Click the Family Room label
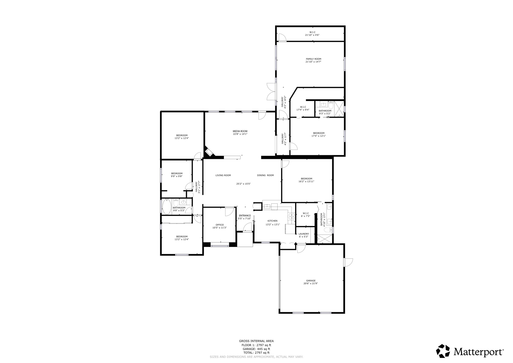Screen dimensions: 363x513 [x=313, y=59]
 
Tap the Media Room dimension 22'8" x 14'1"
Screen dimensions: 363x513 [x=240, y=134]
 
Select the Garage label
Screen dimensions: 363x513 [x=311, y=281]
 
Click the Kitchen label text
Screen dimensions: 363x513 [x=273, y=221]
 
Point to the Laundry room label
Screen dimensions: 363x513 [x=304, y=234]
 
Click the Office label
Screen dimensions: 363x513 [x=220, y=225]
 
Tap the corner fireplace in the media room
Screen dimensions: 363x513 [x=209, y=152]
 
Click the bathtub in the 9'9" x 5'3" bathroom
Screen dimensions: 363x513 [x=167, y=207]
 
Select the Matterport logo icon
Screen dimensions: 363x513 [x=443, y=351]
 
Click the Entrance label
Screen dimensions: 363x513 [x=245, y=216]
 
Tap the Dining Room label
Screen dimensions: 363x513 [x=265, y=175]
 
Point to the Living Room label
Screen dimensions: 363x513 [x=223, y=175]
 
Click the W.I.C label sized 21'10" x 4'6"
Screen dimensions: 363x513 [x=312, y=32]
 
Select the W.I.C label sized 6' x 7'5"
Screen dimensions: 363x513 [x=305, y=213]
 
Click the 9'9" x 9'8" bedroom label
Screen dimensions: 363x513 [x=177, y=173]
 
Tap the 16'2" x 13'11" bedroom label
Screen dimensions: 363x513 [x=306, y=179]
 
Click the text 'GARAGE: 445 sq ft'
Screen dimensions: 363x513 [x=256, y=349]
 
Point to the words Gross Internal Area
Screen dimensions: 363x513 [x=256, y=341]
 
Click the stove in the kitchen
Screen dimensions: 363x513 [x=291, y=217]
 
